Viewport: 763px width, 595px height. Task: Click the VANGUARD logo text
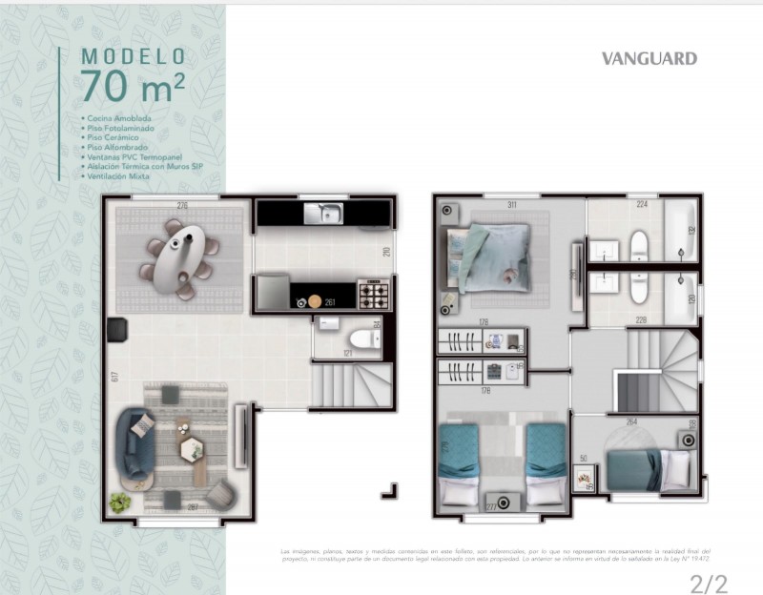(649, 58)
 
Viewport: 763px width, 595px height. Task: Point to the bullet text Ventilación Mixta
(120, 176)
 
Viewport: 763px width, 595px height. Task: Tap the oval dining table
(179, 252)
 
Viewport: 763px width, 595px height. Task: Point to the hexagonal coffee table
(192, 447)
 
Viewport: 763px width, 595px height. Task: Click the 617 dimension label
(114, 377)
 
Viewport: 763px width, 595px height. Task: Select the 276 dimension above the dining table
(181, 205)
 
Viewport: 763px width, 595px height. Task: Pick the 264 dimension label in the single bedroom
(631, 421)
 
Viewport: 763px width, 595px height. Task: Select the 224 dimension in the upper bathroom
(642, 205)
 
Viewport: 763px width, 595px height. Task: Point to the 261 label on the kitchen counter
(330, 302)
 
